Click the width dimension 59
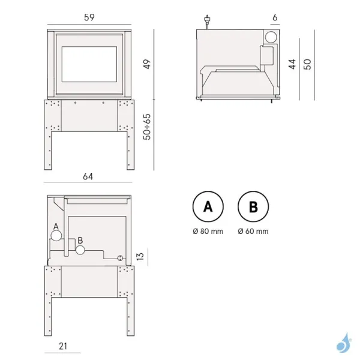[89, 18]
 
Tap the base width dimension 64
[88, 176]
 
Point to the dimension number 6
[274, 18]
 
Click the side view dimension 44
[292, 64]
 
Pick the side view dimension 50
[308, 64]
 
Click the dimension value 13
[140, 256]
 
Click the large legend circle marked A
[208, 207]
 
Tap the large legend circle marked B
[253, 207]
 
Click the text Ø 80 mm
[208, 231]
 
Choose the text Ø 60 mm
[253, 231]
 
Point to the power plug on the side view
[207, 22]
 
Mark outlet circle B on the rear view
[80, 249]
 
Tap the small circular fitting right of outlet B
[120, 258]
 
